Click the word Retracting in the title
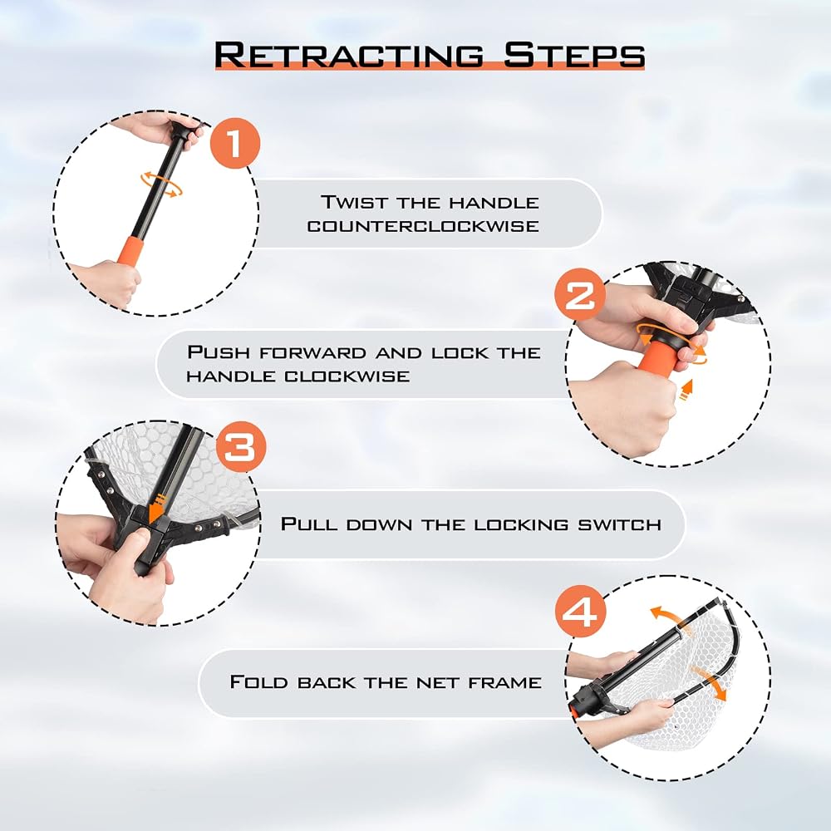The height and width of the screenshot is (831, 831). [x=349, y=55]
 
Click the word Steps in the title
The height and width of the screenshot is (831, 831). [x=574, y=55]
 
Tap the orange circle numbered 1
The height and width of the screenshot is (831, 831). [x=235, y=144]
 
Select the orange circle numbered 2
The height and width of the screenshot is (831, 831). [x=580, y=294]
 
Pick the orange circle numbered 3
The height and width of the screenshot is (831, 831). [x=241, y=447]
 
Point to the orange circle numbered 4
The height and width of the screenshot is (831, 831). [x=580, y=611]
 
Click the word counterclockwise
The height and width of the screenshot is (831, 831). [x=423, y=226]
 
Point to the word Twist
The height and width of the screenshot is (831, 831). [x=355, y=203]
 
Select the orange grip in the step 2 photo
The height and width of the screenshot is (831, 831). [x=658, y=356]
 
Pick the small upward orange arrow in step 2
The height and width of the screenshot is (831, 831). [x=687, y=390]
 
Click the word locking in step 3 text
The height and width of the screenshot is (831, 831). [x=521, y=524]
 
